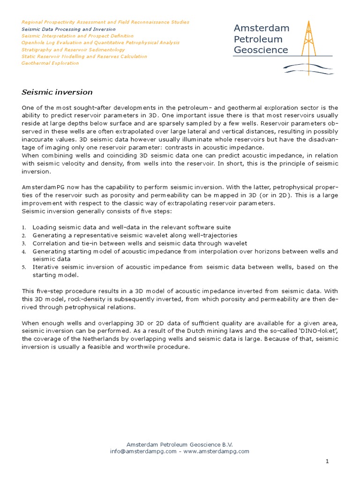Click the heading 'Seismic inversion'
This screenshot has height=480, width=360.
[x=57, y=92]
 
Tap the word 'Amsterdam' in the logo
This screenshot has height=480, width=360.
[x=262, y=28]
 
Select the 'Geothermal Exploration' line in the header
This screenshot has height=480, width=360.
[x=50, y=63]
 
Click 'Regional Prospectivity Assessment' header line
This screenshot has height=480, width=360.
[x=105, y=22]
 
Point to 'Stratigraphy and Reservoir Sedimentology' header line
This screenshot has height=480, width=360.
[x=73, y=49]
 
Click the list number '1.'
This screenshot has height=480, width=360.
[x=24, y=227]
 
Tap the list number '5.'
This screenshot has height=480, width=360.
[x=24, y=267]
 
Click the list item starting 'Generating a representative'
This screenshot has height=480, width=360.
[x=135, y=235]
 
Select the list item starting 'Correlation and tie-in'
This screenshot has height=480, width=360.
[x=139, y=243]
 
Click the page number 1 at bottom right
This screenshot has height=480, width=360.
[x=328, y=462]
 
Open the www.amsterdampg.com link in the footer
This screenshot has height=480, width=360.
[x=216, y=451]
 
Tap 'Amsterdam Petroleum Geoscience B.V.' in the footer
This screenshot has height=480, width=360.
[x=180, y=444]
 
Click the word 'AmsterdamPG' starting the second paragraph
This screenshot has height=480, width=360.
[x=40, y=187]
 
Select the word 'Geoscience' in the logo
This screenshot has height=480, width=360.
[x=261, y=50]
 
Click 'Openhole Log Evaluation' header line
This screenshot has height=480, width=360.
[x=100, y=43]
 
